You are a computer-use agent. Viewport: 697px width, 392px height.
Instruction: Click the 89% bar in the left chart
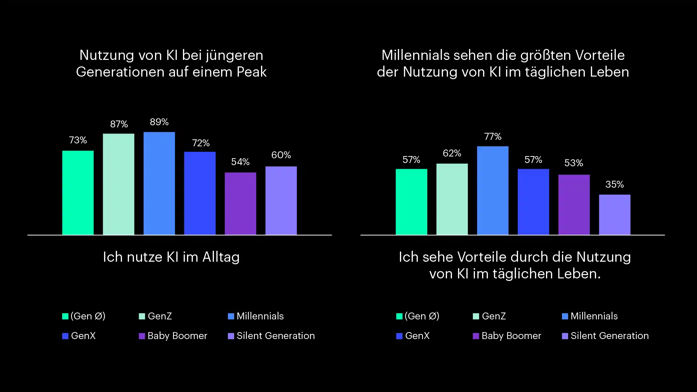coord(159,183)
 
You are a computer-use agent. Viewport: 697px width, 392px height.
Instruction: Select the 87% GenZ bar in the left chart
coord(118,184)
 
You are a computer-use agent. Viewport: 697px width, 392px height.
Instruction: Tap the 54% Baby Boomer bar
coord(240,204)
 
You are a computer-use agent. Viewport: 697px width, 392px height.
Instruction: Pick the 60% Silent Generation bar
coord(281,201)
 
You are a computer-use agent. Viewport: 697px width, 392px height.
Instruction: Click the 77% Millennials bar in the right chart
coord(493,191)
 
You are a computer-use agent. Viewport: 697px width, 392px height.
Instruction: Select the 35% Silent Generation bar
coord(615,215)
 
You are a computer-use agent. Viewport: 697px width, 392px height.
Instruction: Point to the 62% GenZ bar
coord(452,199)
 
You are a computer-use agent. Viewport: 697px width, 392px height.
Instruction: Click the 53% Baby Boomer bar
coord(574,205)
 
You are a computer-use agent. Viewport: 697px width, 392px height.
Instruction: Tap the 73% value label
coord(78,140)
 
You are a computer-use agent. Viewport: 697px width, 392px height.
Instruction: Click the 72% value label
coord(201,143)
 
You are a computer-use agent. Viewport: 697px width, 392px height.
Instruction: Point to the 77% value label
coord(493,136)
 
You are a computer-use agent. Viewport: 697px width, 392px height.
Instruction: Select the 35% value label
coord(615,184)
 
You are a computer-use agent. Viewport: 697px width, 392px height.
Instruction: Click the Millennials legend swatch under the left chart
coord(231,317)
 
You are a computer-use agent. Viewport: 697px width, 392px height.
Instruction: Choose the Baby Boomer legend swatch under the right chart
coord(476,336)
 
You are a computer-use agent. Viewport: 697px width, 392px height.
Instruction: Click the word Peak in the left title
coord(252,72)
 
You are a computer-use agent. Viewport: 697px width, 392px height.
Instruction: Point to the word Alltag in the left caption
coord(221,257)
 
